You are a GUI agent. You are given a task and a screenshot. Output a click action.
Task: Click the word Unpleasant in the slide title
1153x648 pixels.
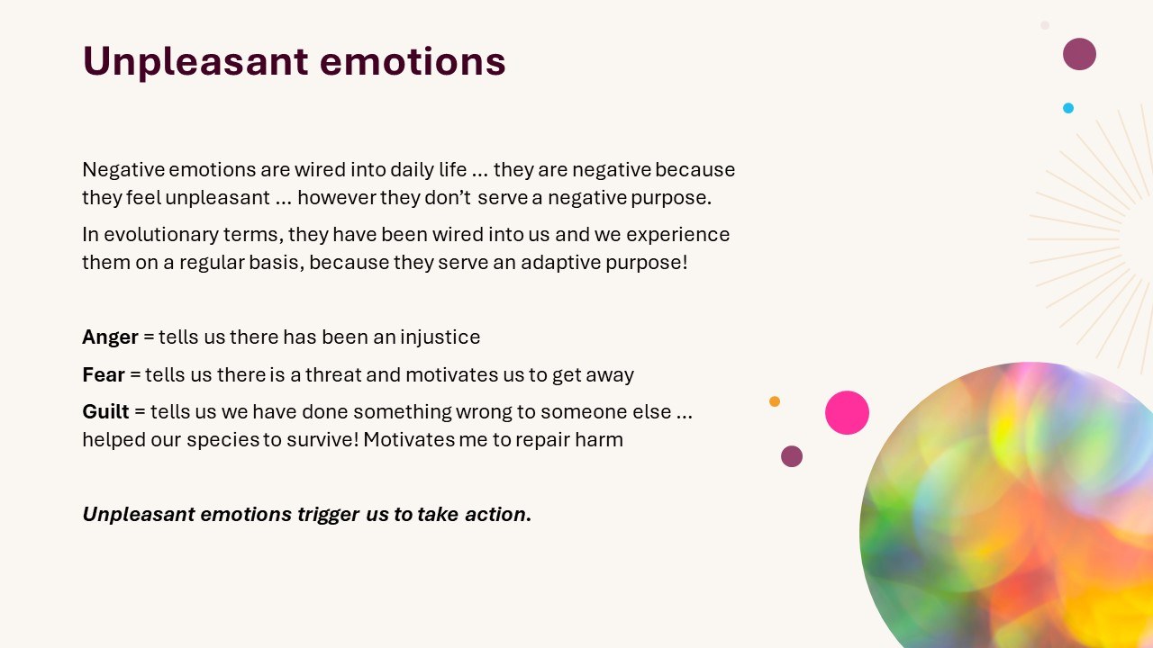tap(195, 62)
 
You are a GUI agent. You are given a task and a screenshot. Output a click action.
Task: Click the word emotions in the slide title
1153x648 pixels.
tap(413, 61)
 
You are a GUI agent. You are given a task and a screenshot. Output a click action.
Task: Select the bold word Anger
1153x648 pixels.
tap(110, 337)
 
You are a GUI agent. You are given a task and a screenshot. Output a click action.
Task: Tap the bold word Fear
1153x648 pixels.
tap(104, 375)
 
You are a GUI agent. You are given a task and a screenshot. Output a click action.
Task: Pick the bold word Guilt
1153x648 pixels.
tap(105, 412)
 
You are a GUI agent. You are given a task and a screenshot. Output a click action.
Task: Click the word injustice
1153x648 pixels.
tap(440, 337)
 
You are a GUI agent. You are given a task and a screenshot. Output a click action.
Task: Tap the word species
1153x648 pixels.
tap(222, 440)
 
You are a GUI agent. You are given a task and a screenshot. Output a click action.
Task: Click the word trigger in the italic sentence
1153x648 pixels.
tap(329, 515)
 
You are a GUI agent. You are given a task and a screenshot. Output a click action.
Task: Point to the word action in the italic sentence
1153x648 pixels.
tap(498, 514)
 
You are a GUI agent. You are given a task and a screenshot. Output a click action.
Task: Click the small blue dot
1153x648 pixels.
tap(1068, 108)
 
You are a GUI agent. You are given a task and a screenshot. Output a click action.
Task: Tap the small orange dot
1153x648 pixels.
tap(775, 401)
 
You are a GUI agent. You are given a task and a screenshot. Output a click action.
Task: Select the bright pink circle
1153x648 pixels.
tap(848, 412)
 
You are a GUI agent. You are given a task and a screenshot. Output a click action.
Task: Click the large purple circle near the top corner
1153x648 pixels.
tap(1079, 54)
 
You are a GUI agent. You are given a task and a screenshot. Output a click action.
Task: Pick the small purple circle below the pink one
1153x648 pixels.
tap(792, 456)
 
